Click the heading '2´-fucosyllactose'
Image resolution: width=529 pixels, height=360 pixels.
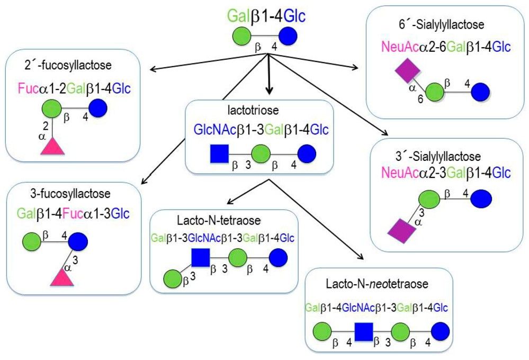pyautogui.click(x=75, y=65)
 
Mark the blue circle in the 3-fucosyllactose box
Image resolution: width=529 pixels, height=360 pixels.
pyautogui.click(x=77, y=242)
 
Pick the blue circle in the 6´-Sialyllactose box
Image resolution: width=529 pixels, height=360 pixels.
pyautogui.click(x=480, y=90)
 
